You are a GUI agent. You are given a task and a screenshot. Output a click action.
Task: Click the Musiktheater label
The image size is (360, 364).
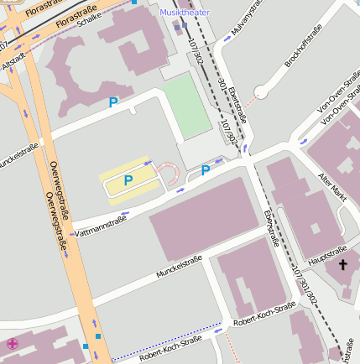pos(185,13)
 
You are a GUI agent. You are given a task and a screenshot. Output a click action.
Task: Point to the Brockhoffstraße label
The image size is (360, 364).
pos(302,50)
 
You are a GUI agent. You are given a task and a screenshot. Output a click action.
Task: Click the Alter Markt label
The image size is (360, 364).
pos(333,186)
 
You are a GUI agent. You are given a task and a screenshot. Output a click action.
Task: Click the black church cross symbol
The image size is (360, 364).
pos(342,266)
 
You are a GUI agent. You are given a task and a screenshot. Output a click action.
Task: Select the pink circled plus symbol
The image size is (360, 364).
pos(13,343)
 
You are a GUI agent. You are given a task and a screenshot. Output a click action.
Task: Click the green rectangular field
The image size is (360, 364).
pos(186,107)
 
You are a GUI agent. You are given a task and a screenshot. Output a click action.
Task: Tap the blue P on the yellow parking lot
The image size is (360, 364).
pos(128,180)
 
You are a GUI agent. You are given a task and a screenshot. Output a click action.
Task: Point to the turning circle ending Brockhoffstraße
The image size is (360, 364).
pos(260,91)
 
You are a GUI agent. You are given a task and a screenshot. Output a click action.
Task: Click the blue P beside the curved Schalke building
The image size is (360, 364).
pos(113,102)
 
